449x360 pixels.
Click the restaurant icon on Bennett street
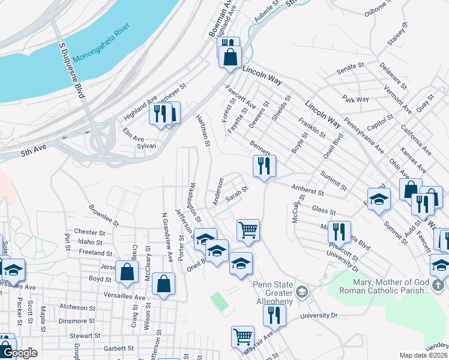tap(264, 166)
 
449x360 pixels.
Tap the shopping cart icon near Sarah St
tap(248, 230)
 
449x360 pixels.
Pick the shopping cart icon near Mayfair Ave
tap(243, 337)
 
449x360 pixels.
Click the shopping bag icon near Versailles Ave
tap(163, 284)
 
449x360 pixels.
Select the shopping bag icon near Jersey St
tap(127, 272)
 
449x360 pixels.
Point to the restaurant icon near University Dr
tap(274, 314)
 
